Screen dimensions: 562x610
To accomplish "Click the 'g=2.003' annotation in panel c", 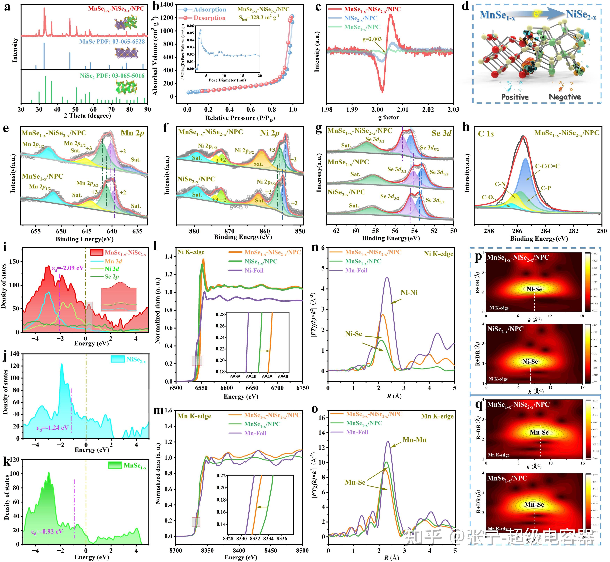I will coord(372,39).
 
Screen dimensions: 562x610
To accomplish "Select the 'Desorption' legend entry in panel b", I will coord(209,18).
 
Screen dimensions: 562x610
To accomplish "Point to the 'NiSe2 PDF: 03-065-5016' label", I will coord(112,76).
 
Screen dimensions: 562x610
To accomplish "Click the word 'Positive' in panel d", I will coord(515,97).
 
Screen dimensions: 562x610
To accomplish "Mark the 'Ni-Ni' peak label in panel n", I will coord(409,292).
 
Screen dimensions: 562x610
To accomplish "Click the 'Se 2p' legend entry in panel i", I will coord(112,277).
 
